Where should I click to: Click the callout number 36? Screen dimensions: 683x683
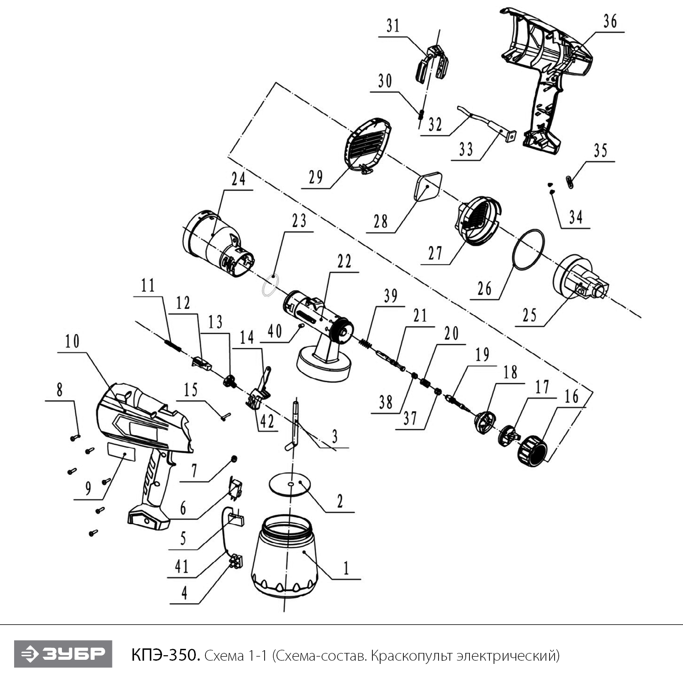[x=610, y=21]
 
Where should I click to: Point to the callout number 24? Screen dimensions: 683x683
[x=238, y=179]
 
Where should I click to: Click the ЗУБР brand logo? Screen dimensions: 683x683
[x=63, y=654]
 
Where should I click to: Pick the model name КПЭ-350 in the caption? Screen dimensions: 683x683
[x=165, y=655]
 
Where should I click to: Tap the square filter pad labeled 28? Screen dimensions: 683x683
[x=428, y=186]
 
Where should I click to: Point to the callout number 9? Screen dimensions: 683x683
[x=88, y=488]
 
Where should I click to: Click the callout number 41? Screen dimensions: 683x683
[x=182, y=566]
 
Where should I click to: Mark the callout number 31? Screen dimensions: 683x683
[x=393, y=25]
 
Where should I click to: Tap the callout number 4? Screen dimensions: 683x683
[x=184, y=593]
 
